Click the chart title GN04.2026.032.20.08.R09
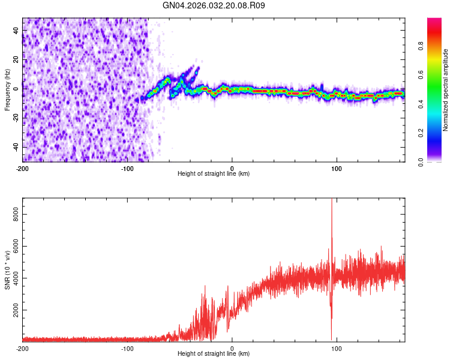click(214, 5)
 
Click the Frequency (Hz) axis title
click(7, 90)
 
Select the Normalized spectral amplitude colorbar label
click(445, 90)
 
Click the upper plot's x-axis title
click(214, 174)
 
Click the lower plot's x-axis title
click(214, 354)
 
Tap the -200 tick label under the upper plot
click(23, 168)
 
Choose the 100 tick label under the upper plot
click(337, 168)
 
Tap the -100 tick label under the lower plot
click(127, 348)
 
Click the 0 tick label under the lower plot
click(232, 348)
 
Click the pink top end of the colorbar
click(434, 21)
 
